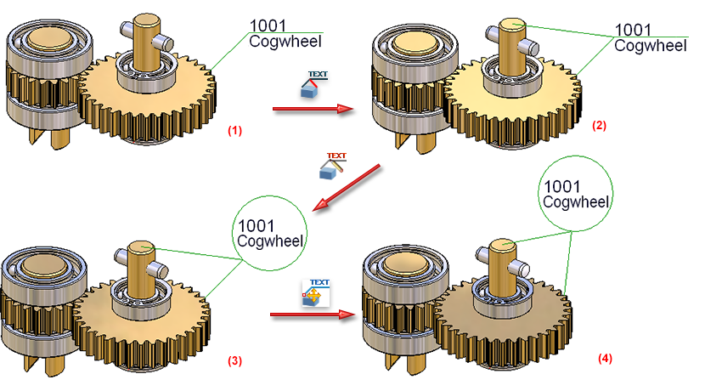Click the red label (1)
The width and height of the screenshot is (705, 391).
pyautogui.click(x=234, y=131)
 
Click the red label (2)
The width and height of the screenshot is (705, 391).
pyautogui.click(x=599, y=125)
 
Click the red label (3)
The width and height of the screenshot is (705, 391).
pyautogui.click(x=234, y=360)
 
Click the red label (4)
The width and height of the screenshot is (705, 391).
pyautogui.click(x=604, y=359)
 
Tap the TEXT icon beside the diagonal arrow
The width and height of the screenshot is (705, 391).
pyautogui.click(x=333, y=167)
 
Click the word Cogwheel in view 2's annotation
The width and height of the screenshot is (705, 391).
pyautogui.click(x=650, y=46)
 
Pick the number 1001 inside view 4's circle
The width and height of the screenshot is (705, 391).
pyautogui.click(x=563, y=185)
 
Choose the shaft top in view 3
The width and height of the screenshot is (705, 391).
pyautogui.click(x=141, y=247)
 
